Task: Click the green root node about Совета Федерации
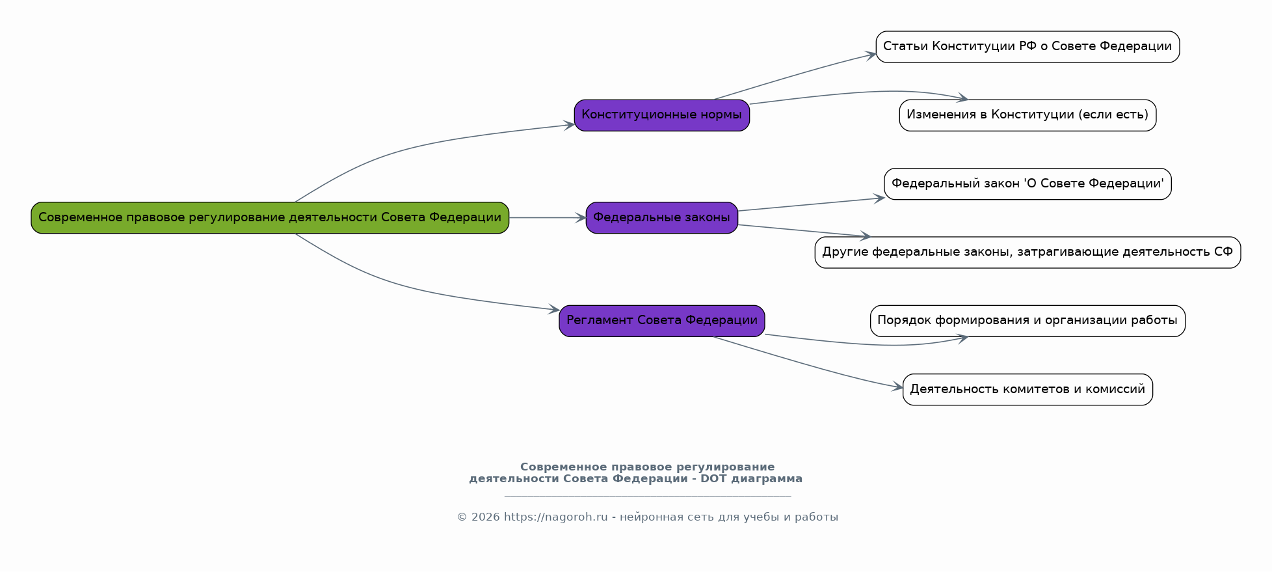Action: (x=270, y=217)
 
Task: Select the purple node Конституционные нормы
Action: (x=662, y=115)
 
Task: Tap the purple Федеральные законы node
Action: (x=662, y=217)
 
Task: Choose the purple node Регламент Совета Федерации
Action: (x=662, y=321)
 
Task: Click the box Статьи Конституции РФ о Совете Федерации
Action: (x=1027, y=47)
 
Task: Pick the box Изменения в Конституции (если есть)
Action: (x=1027, y=115)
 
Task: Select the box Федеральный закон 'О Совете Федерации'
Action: (x=1027, y=184)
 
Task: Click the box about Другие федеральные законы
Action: (x=1027, y=252)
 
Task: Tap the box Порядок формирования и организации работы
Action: (x=1027, y=321)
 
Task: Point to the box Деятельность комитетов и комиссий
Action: (x=1027, y=389)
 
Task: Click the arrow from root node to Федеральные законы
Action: (x=548, y=218)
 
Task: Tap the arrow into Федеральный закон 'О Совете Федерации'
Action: (x=812, y=204)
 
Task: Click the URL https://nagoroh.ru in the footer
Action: (x=555, y=517)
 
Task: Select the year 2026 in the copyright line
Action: (x=485, y=517)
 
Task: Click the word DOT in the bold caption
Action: (x=714, y=479)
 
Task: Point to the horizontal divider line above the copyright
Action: (x=648, y=497)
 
